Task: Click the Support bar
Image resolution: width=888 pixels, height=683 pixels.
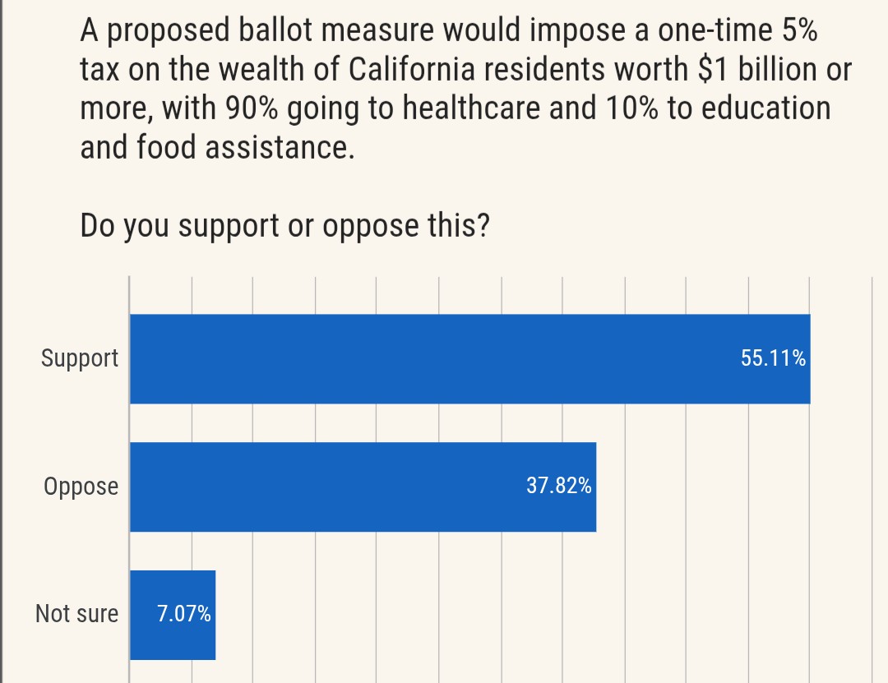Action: (469, 359)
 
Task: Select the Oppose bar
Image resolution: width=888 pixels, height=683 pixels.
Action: (363, 487)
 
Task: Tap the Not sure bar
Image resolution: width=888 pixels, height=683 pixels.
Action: (173, 615)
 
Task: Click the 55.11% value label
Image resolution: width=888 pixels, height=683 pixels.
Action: (773, 359)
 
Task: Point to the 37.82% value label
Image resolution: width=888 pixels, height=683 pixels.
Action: (558, 487)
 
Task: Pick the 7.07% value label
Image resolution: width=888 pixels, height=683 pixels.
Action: (184, 615)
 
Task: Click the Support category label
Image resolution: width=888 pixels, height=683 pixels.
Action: (80, 359)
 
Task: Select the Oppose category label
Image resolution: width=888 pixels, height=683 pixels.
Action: (81, 487)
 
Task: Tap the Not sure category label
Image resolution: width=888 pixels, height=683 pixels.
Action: (76, 615)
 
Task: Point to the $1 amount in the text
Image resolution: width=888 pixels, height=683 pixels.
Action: (712, 70)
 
